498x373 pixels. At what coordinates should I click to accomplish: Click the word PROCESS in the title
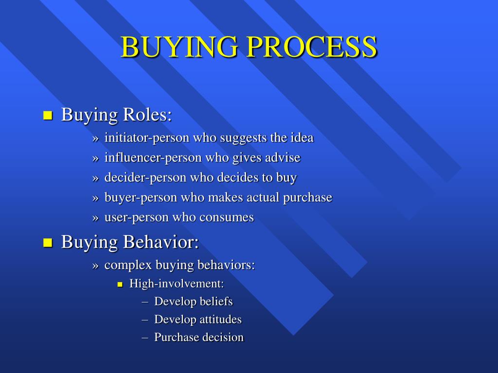click(x=312, y=47)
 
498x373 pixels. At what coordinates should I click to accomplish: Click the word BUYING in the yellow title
click(x=179, y=47)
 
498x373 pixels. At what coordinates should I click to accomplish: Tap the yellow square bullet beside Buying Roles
click(x=48, y=116)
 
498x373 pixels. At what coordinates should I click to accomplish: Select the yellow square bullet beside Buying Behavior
click(x=48, y=243)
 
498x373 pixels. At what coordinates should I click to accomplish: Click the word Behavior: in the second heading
click(x=160, y=242)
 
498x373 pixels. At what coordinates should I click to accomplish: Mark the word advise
click(x=283, y=158)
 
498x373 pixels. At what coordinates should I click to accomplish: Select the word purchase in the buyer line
click(x=307, y=198)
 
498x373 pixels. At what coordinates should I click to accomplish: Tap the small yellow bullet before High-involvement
click(x=120, y=285)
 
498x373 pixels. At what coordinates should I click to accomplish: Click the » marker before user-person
click(x=96, y=218)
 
